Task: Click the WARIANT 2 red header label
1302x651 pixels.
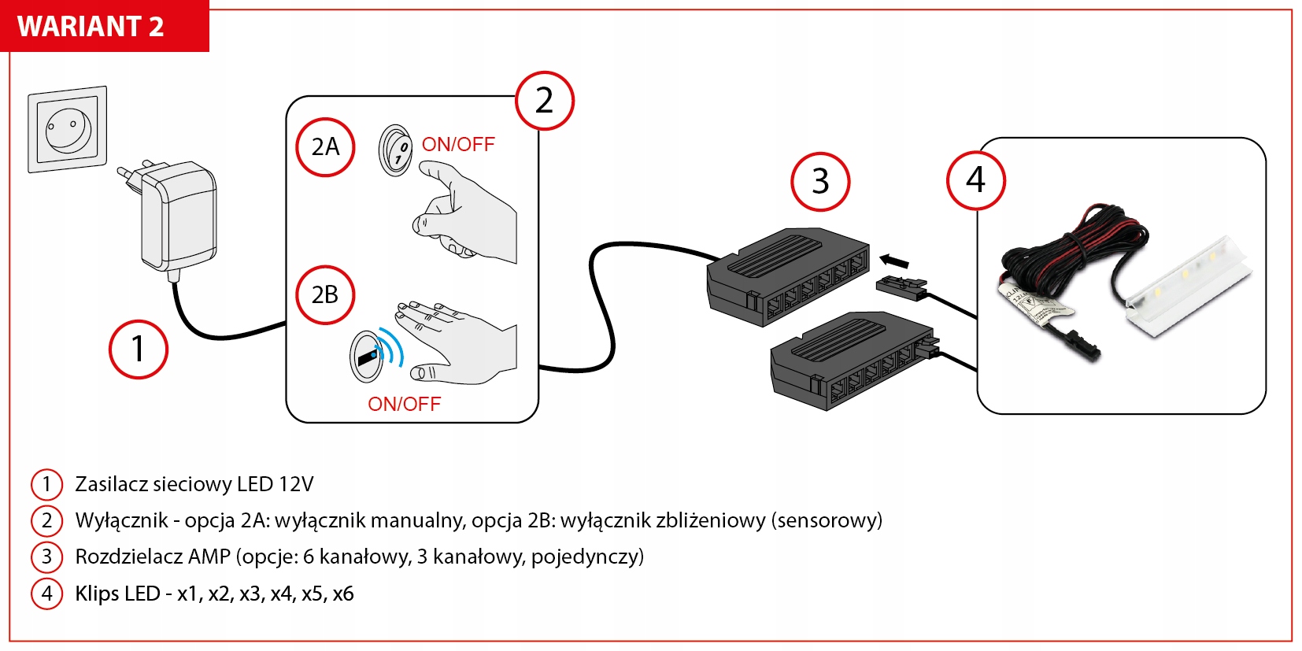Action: pos(91,26)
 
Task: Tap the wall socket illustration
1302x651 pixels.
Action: pos(68,128)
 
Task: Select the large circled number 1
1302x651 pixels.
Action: pos(138,349)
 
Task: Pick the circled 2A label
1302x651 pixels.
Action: pos(325,147)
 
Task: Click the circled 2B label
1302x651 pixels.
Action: pos(325,294)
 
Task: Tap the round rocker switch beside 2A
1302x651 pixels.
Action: pos(396,150)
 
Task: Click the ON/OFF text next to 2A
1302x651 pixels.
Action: pos(458,145)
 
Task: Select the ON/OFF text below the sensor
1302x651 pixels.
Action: pos(404,404)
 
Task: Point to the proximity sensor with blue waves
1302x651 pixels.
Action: pos(368,357)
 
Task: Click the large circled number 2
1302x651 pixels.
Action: pos(544,101)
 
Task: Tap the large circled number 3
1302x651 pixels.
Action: pos(820,182)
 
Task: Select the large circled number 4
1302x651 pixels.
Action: pos(975,180)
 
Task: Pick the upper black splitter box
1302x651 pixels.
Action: pos(787,276)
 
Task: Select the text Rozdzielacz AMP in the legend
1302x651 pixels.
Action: pos(153,557)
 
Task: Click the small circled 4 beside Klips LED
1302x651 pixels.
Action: pos(46,594)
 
